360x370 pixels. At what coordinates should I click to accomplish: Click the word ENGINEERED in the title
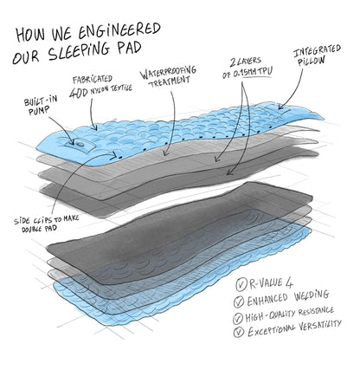click(x=119, y=31)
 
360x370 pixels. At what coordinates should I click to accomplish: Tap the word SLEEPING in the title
click(x=79, y=51)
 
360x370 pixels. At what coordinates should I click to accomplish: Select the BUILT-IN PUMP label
click(x=41, y=106)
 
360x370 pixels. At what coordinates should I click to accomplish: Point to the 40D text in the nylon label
click(x=79, y=92)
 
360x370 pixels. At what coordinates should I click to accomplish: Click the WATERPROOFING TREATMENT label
click(x=169, y=76)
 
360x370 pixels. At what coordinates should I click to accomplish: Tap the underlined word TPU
click(x=265, y=72)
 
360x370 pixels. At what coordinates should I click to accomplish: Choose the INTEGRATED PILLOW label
click(x=317, y=55)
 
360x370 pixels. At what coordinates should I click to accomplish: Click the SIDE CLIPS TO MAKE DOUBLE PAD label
click(x=46, y=223)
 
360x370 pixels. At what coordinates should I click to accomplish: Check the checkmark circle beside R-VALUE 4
click(x=241, y=284)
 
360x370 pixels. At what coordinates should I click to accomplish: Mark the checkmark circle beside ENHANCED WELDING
click(x=239, y=302)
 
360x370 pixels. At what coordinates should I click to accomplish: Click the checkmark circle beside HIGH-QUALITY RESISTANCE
click(x=238, y=318)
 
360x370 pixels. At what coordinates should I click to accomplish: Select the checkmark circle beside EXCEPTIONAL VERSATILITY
click(x=239, y=332)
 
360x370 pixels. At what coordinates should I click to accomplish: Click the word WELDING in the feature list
click(x=312, y=295)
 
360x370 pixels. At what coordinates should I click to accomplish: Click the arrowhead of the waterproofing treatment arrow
click(x=165, y=153)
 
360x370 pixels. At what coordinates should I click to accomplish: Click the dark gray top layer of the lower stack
click(x=179, y=219)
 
